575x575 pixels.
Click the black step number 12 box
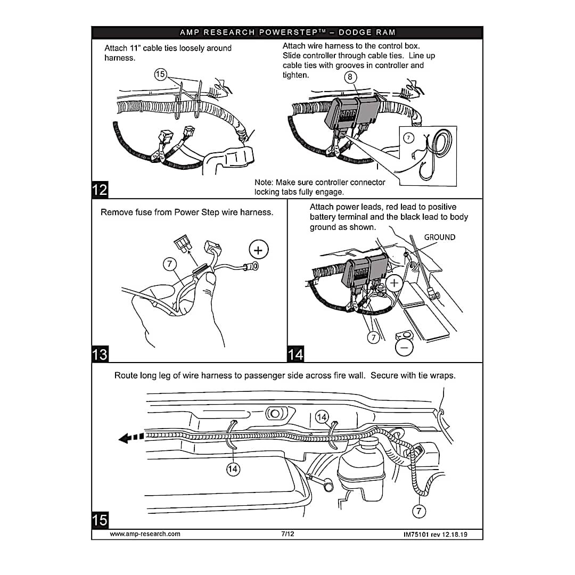(100, 190)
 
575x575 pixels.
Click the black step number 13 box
(100, 354)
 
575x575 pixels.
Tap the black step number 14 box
(295, 354)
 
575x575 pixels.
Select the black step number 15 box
(100, 519)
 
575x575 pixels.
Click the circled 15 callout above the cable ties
(160, 75)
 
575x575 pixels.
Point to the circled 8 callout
(350, 77)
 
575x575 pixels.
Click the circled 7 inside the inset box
(408, 138)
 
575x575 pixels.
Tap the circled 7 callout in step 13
(169, 264)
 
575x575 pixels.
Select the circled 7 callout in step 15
(420, 511)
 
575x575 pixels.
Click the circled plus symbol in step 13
(258, 250)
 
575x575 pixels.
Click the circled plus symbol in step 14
(395, 283)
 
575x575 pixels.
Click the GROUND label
(439, 237)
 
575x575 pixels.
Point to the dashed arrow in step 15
(131, 438)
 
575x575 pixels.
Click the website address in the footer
(145, 534)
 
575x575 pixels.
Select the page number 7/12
(287, 534)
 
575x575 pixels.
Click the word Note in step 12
(264, 182)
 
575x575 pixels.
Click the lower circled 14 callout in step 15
(233, 469)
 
